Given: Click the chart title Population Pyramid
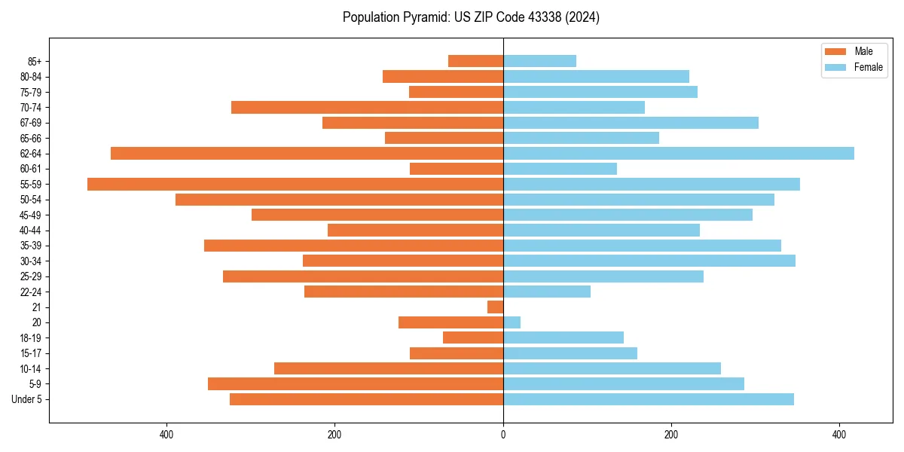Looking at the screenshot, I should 471,17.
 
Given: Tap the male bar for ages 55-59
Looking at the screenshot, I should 295,184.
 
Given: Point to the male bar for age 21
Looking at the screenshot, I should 495,307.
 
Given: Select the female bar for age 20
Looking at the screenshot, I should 512,322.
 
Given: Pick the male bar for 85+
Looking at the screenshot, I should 475,61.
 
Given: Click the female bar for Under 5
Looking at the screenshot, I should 648,399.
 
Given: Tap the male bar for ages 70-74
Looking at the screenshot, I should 367,107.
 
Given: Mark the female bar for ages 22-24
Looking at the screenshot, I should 546,292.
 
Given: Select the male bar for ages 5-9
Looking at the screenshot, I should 356,383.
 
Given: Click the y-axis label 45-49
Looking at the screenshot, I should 30,215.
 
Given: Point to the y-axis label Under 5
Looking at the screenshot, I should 26,399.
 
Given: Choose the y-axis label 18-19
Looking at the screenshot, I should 30,337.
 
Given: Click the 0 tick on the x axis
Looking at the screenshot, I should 503,435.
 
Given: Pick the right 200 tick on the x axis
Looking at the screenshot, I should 671,435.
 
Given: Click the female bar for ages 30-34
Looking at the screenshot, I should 649,261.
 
